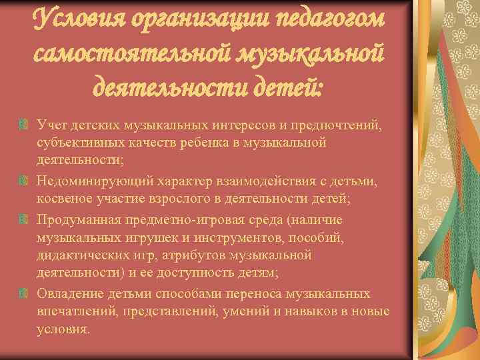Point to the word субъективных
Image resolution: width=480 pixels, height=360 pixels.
pos(77,143)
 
